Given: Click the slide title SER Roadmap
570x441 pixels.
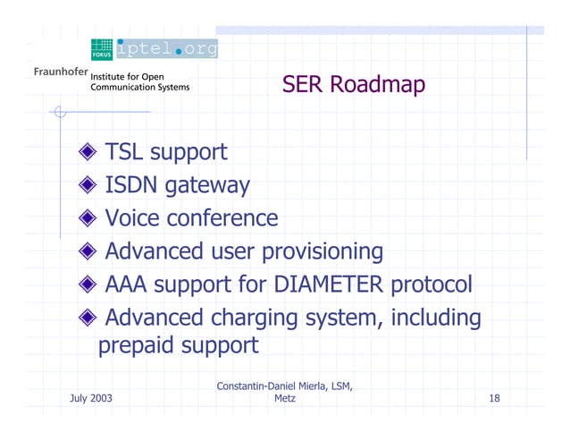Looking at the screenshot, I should point(353,85).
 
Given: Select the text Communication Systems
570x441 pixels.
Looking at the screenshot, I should point(139,88).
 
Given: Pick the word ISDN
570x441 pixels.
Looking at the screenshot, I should point(130,186).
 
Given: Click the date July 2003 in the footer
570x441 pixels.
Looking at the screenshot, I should point(91,396).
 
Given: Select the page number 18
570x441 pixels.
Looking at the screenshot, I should point(494,396).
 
